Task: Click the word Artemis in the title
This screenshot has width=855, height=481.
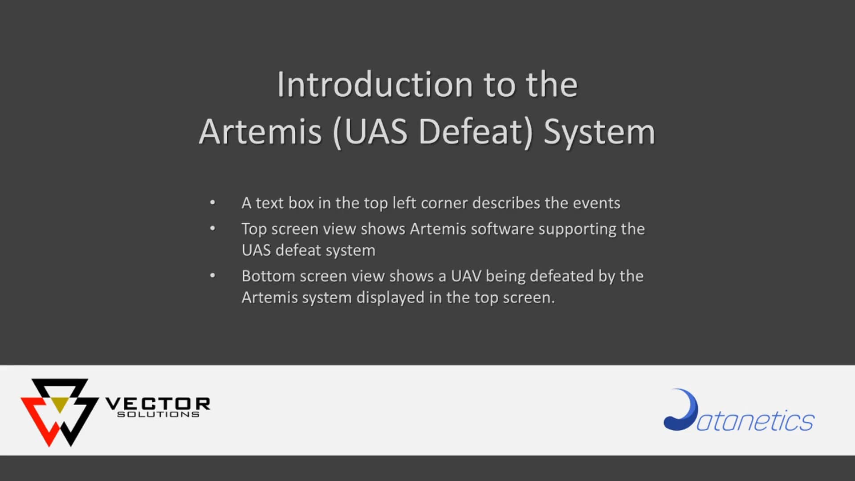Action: [260, 132]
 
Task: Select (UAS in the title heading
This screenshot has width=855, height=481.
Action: [370, 132]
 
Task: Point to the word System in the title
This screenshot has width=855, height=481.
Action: [599, 133]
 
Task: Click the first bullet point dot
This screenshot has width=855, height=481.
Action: [212, 203]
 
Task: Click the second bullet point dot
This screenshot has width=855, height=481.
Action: [212, 229]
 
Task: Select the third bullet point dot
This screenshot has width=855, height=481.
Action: [212, 276]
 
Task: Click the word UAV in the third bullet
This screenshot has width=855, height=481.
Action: [466, 276]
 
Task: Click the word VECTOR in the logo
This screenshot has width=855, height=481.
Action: [158, 404]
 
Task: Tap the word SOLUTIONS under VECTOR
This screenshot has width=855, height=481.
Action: [158, 415]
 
